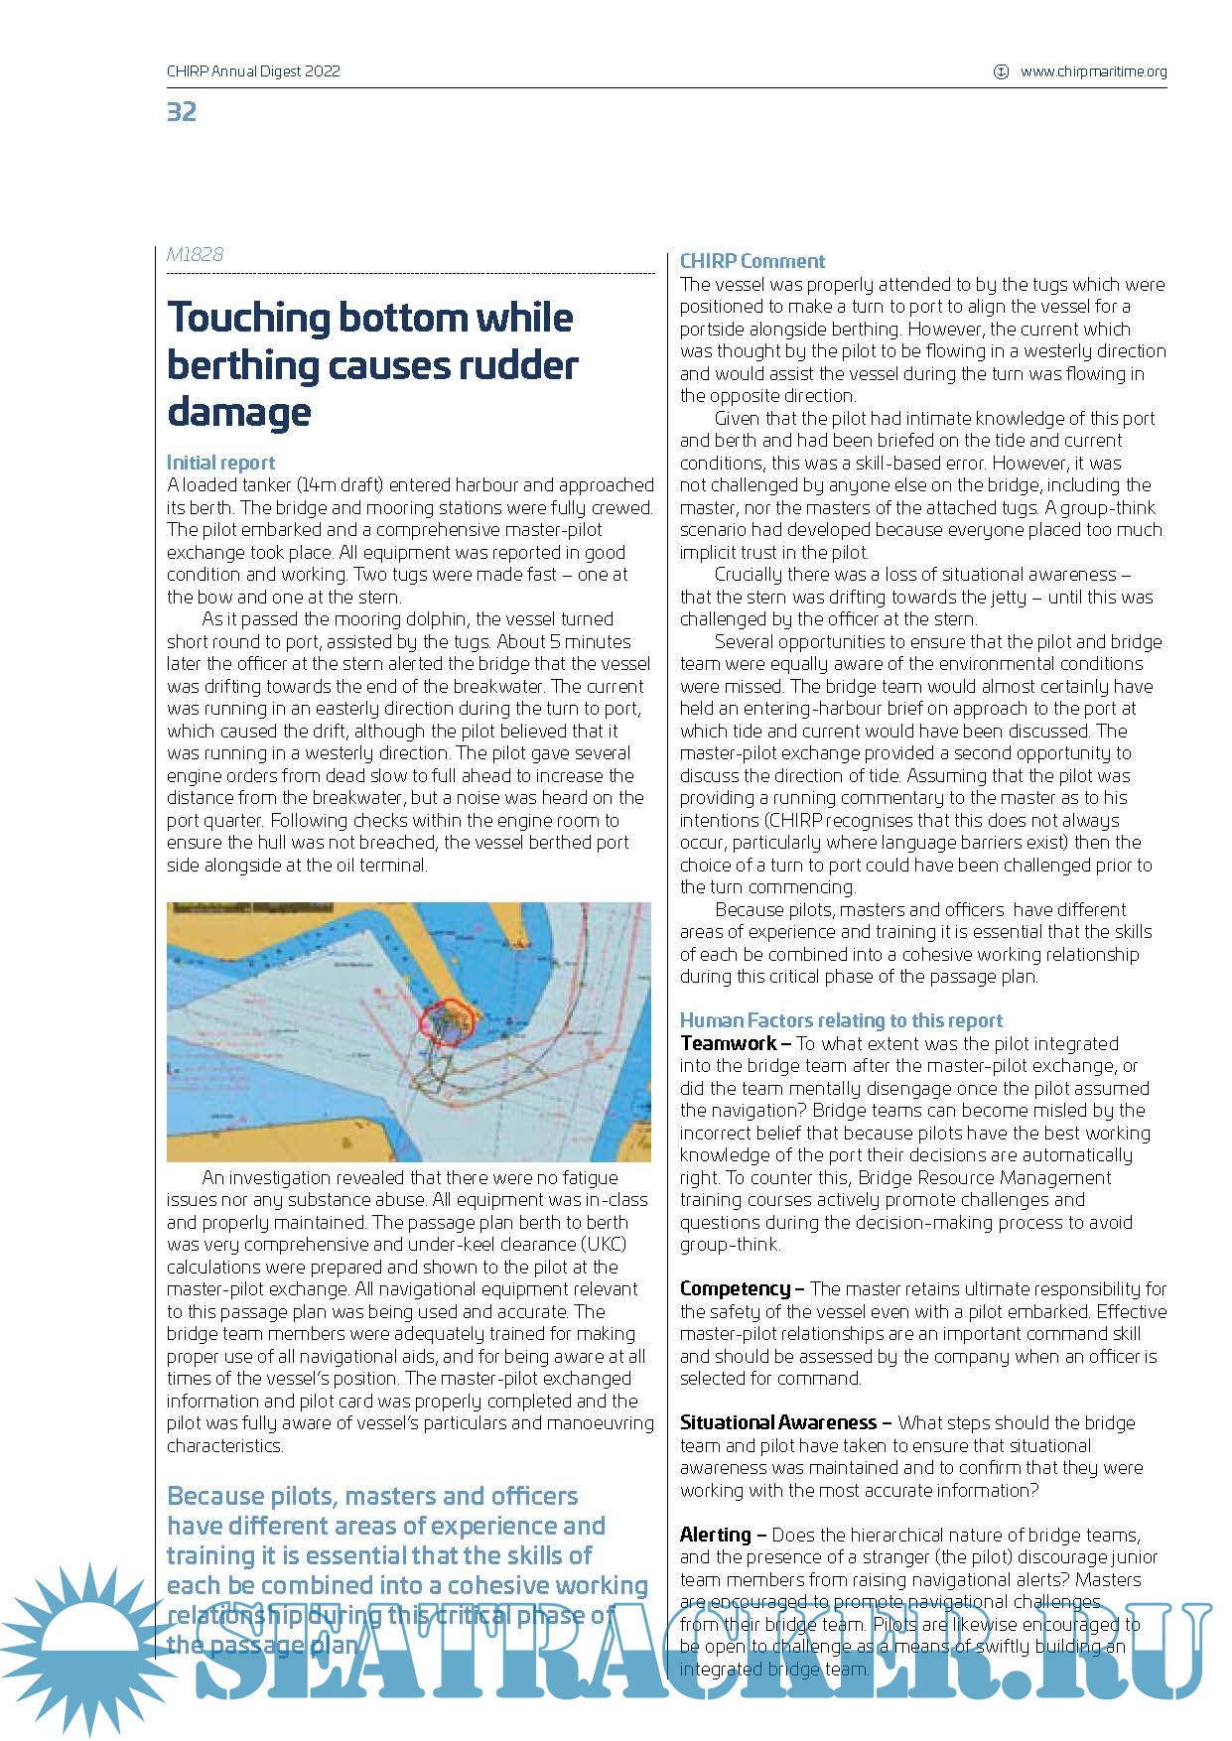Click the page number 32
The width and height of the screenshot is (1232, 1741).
[182, 111]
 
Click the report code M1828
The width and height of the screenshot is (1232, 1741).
[195, 254]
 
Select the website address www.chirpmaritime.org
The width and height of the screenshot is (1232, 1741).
[1093, 71]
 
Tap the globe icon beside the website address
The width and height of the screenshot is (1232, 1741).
[1001, 71]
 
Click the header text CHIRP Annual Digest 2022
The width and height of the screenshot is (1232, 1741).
[253, 71]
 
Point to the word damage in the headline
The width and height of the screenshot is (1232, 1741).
[238, 412]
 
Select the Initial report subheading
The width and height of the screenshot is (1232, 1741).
[220, 463]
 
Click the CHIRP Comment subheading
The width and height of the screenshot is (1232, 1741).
[752, 261]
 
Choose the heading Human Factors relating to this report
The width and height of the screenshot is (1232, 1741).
[841, 1020]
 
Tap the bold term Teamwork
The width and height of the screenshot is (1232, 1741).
[728, 1043]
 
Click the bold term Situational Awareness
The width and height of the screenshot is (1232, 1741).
[778, 1422]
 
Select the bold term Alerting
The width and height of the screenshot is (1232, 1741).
[715, 1535]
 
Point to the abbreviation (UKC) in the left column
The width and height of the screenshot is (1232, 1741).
[600, 1245]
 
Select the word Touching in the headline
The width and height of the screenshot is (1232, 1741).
[248, 318]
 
